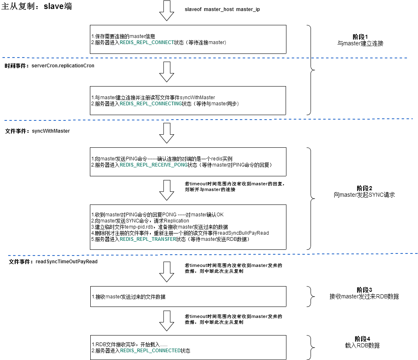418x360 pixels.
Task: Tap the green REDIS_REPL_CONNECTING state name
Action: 150,104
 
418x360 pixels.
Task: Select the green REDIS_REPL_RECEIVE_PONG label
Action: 153,164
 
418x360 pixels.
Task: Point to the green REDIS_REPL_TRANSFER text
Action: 148,239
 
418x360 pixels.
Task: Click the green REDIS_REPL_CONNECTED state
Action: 150,351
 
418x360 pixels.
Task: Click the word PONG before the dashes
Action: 169,215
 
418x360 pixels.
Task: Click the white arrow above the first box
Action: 167,10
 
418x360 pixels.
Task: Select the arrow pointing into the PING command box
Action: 167,133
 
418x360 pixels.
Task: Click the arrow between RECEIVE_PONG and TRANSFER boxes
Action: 167,190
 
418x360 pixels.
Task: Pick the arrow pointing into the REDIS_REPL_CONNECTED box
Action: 167,320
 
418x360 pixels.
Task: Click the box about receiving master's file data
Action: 188,296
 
